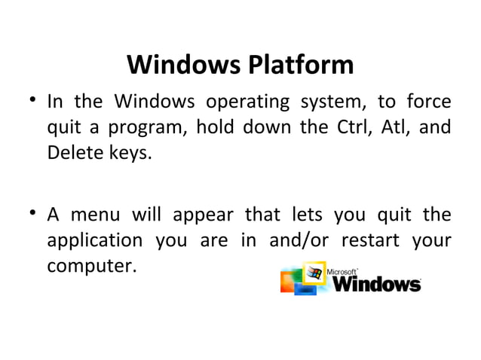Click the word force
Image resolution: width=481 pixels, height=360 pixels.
tap(427, 101)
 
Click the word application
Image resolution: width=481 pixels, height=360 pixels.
tap(95, 243)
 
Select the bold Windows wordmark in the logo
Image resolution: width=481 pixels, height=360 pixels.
tap(376, 285)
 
